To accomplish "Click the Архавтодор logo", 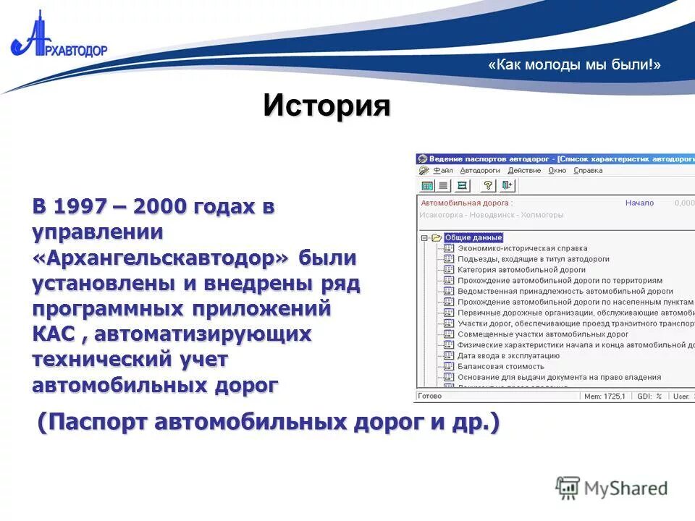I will click(58, 40).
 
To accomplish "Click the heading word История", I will click(327, 106).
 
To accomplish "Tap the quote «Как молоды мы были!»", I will click(574, 64).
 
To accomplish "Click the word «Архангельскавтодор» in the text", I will click(160, 258).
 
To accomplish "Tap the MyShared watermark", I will click(612, 488).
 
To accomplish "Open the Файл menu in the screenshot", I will click(442, 171).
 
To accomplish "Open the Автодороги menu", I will click(480, 171).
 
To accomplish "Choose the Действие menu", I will click(524, 171).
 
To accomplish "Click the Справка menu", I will click(588, 171).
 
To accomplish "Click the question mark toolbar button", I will click(488, 186).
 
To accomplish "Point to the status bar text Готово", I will click(430, 397).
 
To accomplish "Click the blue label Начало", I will click(639, 203).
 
